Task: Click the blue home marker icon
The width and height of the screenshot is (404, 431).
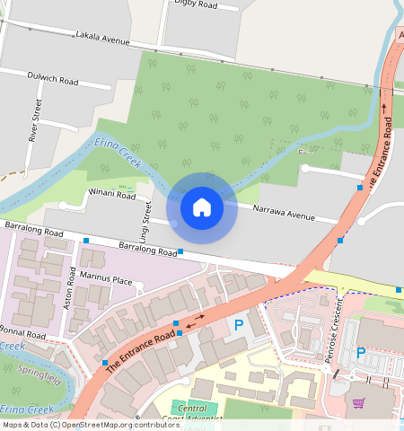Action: pyautogui.click(x=202, y=207)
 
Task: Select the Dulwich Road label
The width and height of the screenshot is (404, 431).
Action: pyautogui.click(x=52, y=79)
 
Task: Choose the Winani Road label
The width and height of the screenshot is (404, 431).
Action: pyautogui.click(x=110, y=195)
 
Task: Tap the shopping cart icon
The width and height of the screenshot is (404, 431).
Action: pyautogui.click(x=359, y=402)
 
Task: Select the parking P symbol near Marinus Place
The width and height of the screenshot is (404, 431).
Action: pyautogui.click(x=239, y=325)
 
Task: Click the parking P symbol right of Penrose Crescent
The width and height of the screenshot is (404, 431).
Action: pyautogui.click(x=361, y=353)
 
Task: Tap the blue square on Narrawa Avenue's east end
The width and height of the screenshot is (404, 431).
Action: pyautogui.click(x=340, y=240)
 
